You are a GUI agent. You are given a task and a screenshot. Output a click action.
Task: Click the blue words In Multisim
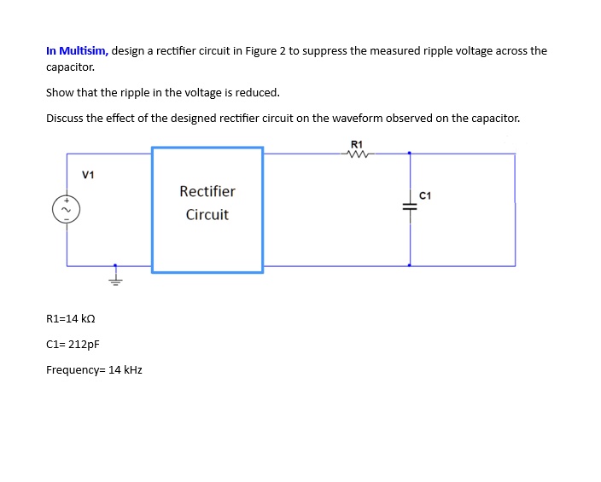pyautogui.click(x=77, y=50)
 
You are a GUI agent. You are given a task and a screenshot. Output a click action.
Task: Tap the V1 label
pyautogui.click(x=88, y=175)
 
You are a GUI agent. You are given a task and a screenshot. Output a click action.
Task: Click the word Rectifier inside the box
pyautogui.click(x=207, y=191)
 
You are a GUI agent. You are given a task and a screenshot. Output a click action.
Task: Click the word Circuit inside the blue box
pyautogui.click(x=207, y=214)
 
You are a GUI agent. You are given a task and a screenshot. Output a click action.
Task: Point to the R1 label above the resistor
pyautogui.click(x=357, y=142)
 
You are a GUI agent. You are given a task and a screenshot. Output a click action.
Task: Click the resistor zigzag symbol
pyautogui.click(x=357, y=154)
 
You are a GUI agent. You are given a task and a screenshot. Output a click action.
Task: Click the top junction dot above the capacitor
pyautogui.click(x=410, y=154)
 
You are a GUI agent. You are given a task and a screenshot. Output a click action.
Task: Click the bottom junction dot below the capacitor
pyautogui.click(x=410, y=265)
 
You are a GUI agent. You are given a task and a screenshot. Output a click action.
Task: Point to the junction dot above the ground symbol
pyautogui.click(x=115, y=265)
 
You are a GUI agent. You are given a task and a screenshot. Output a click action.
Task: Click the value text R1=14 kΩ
pyautogui.click(x=70, y=318)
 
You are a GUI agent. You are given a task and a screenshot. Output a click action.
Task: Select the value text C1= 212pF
pyautogui.click(x=73, y=345)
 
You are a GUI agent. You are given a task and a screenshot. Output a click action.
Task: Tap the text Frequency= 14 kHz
pyautogui.click(x=94, y=370)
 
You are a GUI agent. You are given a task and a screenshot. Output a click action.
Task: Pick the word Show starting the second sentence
pyautogui.click(x=60, y=92)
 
